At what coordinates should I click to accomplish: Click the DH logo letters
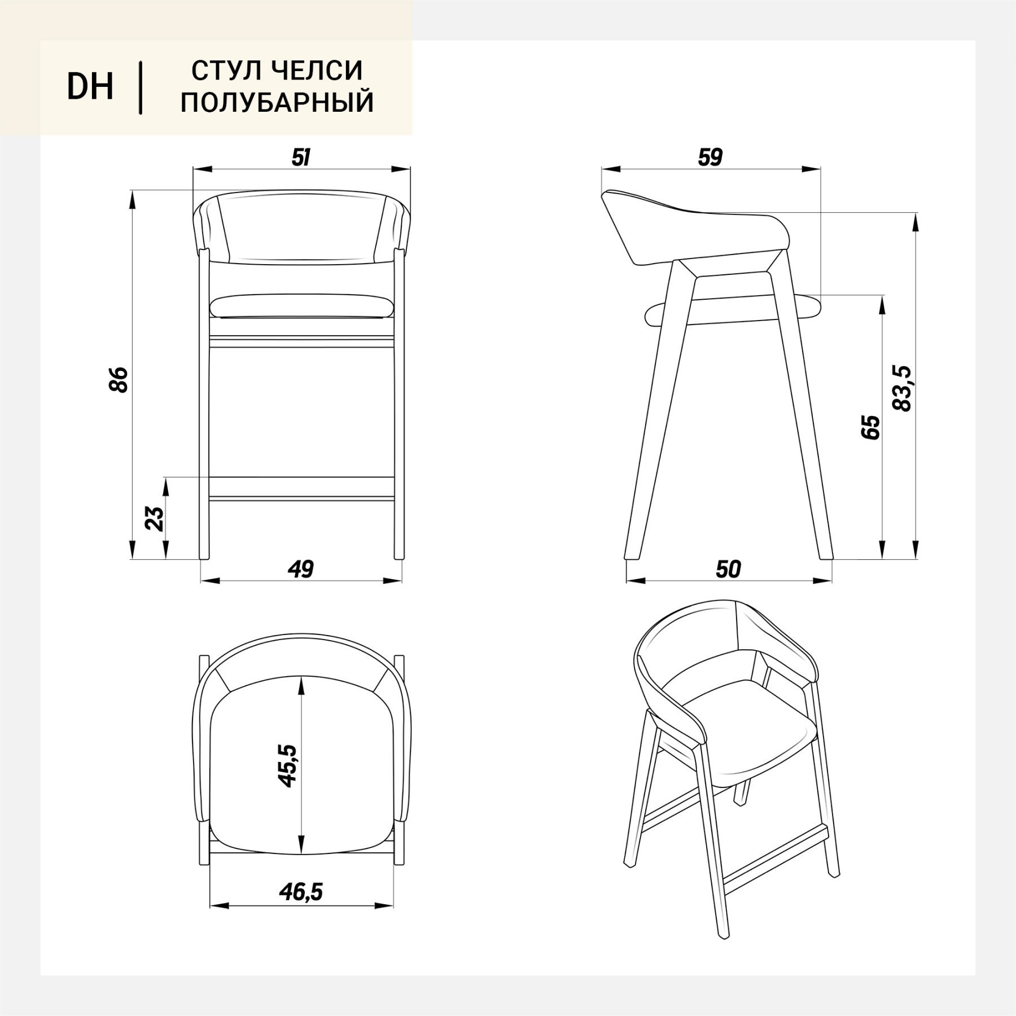pyautogui.click(x=90, y=87)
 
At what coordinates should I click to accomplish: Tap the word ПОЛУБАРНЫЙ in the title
pyautogui.click(x=277, y=103)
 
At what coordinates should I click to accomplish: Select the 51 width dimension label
pyautogui.click(x=301, y=157)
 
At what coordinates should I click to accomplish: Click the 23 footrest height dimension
pyautogui.click(x=155, y=519)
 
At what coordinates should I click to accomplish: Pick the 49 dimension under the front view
pyautogui.click(x=301, y=569)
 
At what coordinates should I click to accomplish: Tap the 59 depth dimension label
pyautogui.click(x=710, y=157)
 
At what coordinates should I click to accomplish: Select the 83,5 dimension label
pyautogui.click(x=903, y=388)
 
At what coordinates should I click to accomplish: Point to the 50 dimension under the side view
pyautogui.click(x=728, y=569)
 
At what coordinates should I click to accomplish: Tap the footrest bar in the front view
pyautogui.click(x=301, y=487)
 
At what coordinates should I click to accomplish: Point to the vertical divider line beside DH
pyautogui.click(x=140, y=88)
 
